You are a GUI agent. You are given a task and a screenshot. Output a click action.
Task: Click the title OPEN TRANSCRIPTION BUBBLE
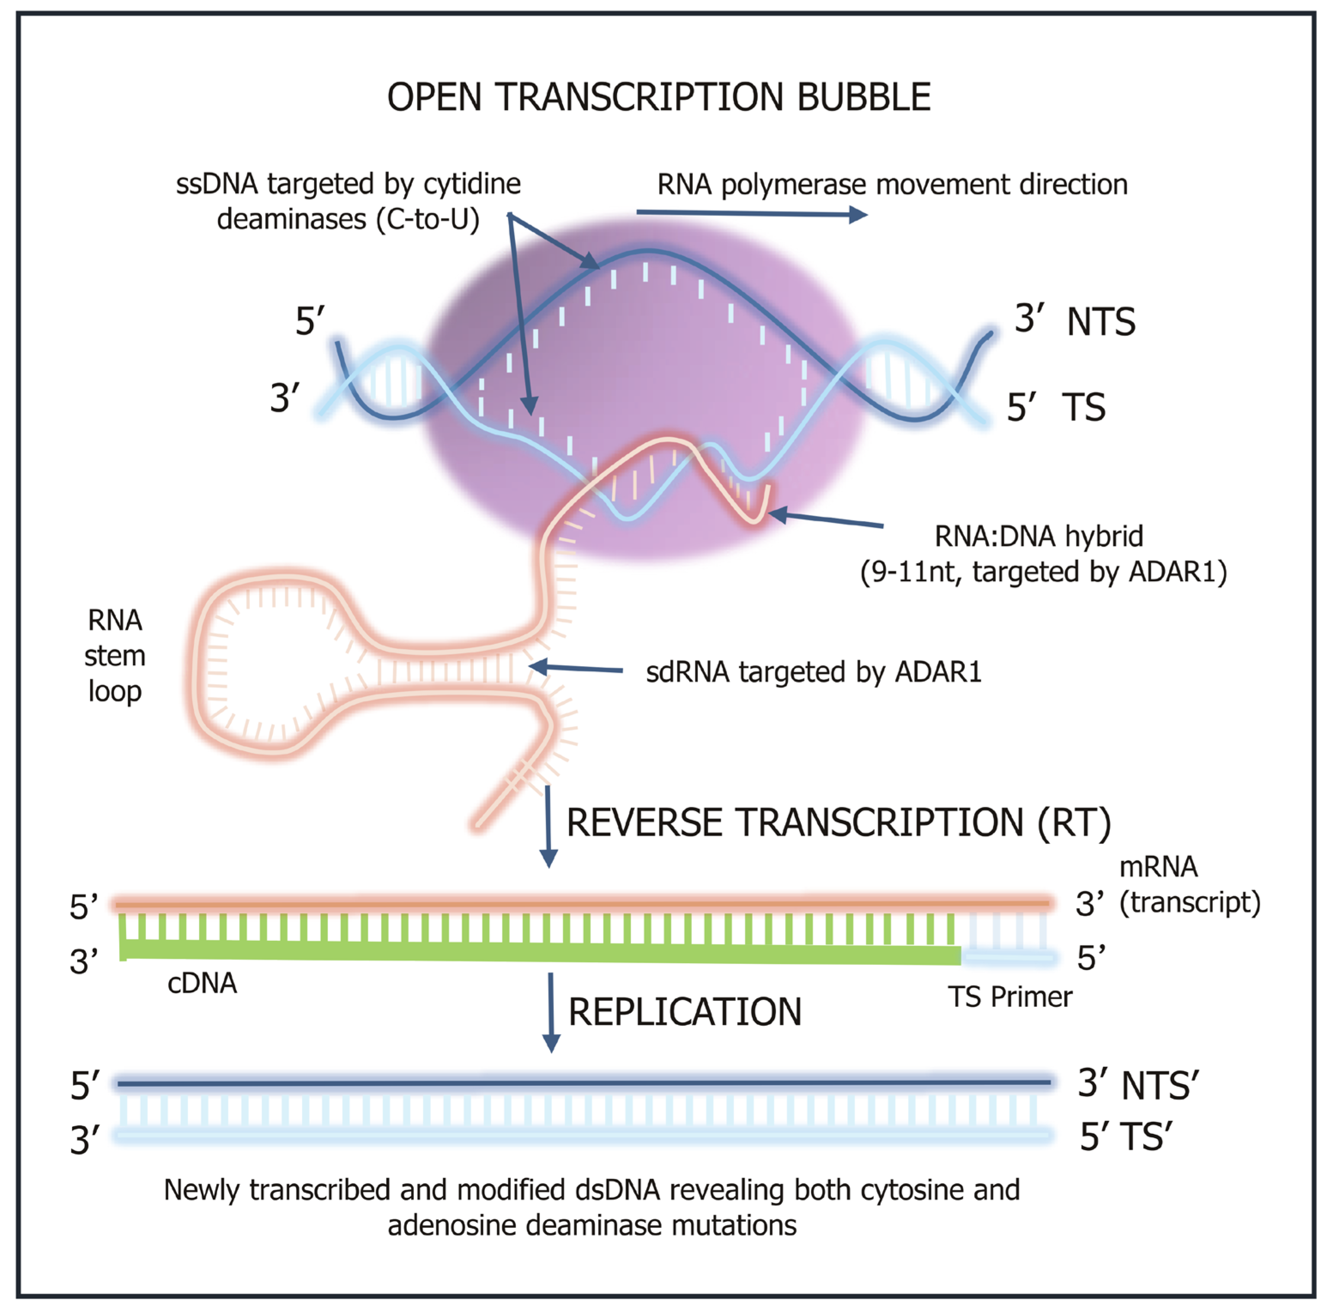(658, 97)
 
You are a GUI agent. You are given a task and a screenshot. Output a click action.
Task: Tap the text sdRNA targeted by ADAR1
(813, 672)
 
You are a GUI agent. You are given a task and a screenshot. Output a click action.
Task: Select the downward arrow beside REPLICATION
(551, 1012)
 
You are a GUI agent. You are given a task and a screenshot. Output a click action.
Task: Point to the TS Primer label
(1010, 997)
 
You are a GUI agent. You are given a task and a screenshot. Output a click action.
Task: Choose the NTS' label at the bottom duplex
(1160, 1086)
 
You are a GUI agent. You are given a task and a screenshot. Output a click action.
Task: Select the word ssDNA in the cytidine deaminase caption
(216, 184)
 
